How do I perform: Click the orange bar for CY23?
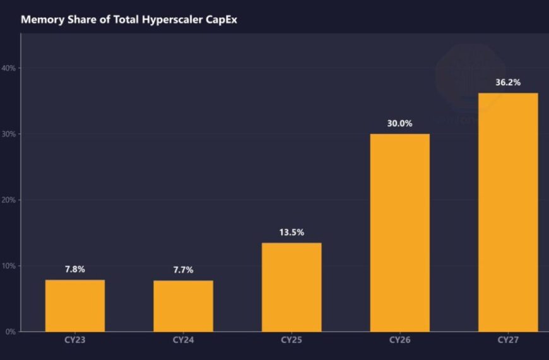click(x=75, y=306)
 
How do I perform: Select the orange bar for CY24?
click(x=184, y=306)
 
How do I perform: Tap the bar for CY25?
click(x=292, y=287)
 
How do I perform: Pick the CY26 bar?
click(x=400, y=232)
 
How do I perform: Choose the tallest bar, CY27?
click(x=508, y=212)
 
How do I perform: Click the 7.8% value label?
click(x=75, y=269)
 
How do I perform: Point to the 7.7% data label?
click(x=184, y=270)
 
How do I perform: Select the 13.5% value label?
click(x=292, y=232)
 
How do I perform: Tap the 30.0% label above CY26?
click(x=400, y=123)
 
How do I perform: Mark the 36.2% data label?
click(x=508, y=82)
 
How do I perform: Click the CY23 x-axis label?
click(x=75, y=340)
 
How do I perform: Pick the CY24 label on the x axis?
click(x=184, y=340)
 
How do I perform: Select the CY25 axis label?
click(x=292, y=340)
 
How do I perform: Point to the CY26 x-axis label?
click(x=400, y=340)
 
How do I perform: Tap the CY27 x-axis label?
click(x=508, y=340)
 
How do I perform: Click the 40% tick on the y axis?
click(x=9, y=68)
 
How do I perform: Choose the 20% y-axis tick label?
click(x=9, y=200)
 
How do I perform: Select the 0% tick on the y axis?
click(x=10, y=332)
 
